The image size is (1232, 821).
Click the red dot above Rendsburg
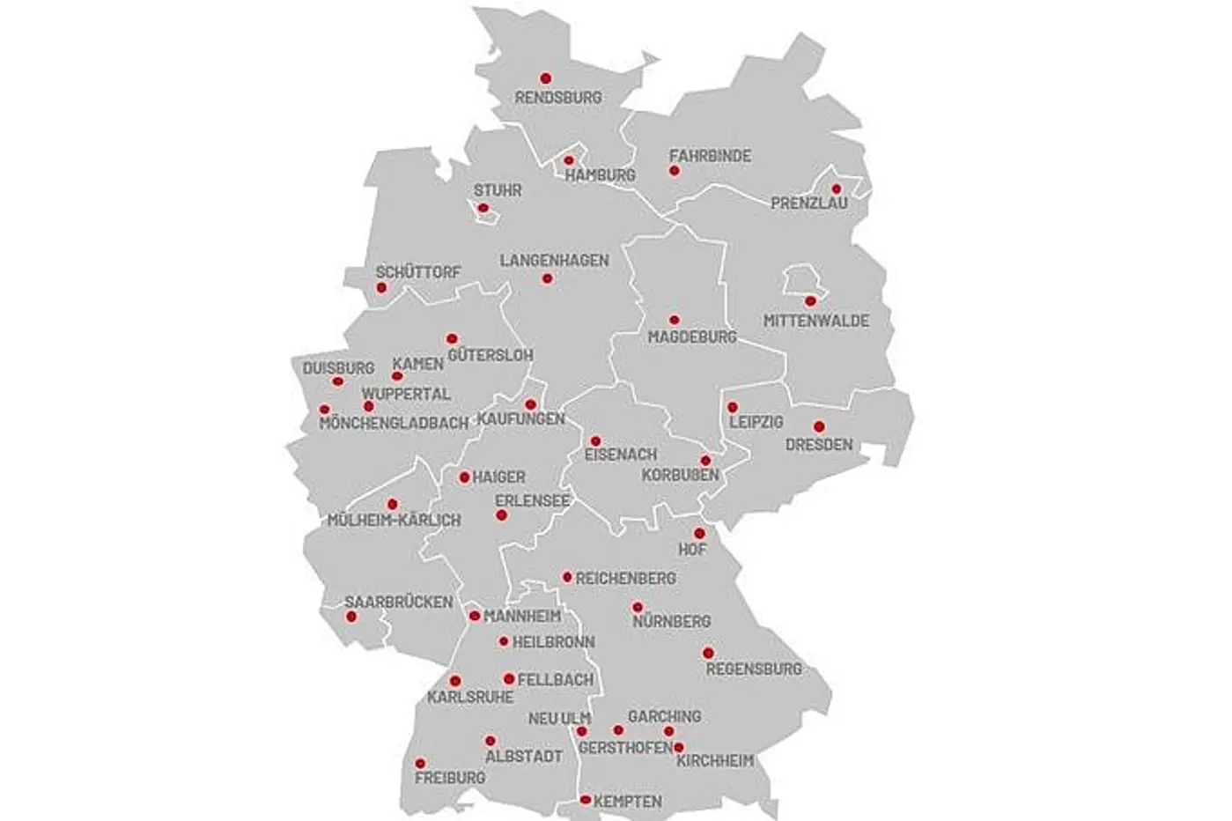point(546,78)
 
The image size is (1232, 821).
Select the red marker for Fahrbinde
point(675,171)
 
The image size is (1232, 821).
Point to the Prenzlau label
point(809,203)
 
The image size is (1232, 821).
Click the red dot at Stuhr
point(483,208)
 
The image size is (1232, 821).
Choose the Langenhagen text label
point(554,261)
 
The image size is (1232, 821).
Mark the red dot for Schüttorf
point(381,287)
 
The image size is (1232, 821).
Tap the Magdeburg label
point(692,337)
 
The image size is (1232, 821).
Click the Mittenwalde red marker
point(810,300)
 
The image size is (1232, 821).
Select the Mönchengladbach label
point(394,424)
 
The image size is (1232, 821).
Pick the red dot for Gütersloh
point(452,338)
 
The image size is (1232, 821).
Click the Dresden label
point(819,445)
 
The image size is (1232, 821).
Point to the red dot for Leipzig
point(733,407)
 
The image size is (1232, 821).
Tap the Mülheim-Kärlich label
point(394,521)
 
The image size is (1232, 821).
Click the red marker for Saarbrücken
point(351,617)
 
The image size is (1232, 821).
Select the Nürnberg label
point(671,622)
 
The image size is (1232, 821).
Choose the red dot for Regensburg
point(708,653)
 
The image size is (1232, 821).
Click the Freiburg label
point(449,779)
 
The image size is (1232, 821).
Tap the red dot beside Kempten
point(586,800)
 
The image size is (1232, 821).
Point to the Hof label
point(692,551)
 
